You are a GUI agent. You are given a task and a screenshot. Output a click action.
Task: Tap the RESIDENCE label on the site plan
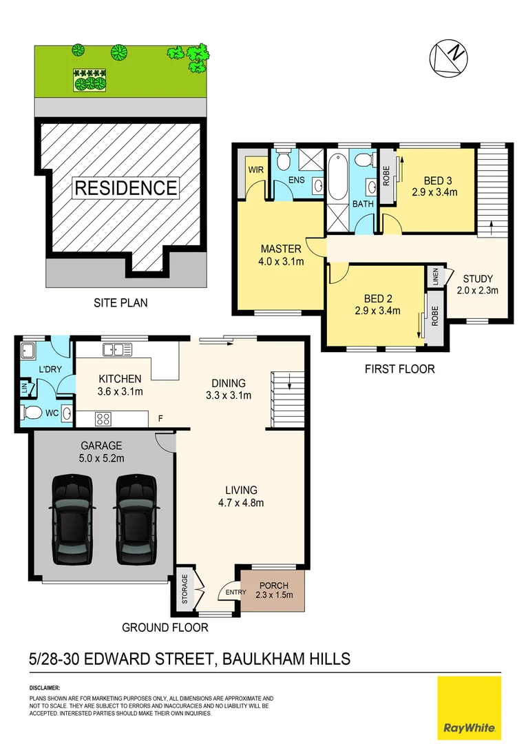[125, 187]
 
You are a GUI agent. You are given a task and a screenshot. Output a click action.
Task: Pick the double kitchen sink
[118, 349]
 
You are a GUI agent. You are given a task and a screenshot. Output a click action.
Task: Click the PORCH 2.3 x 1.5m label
[273, 590]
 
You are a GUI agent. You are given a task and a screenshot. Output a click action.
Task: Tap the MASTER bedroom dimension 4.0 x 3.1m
[281, 261]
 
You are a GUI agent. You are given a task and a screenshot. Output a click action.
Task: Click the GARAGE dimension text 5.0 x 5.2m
[100, 458]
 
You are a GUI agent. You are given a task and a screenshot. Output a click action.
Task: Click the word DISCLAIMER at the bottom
[45, 688]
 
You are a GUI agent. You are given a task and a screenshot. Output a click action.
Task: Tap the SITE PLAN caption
[120, 302]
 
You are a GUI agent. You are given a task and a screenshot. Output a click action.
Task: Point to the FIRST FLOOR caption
[399, 369]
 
